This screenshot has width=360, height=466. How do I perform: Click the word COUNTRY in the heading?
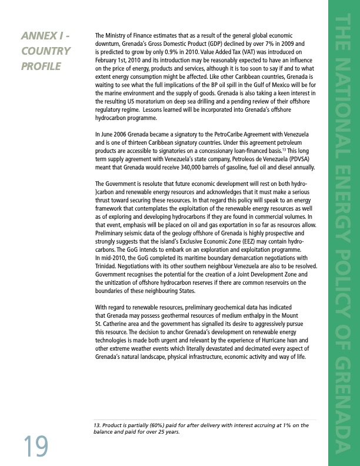click(46, 51)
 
